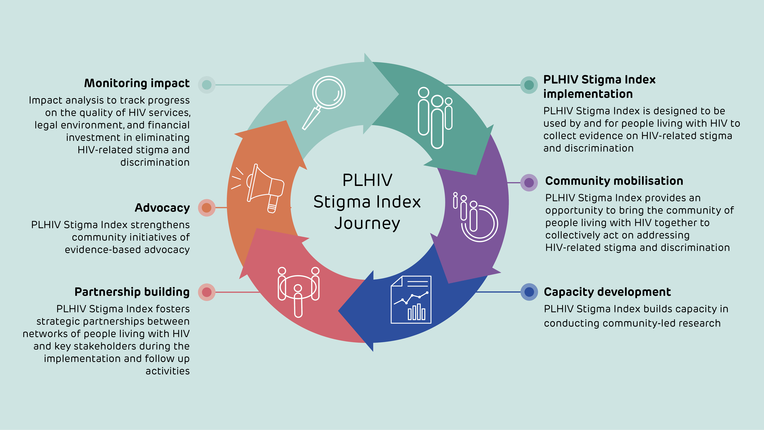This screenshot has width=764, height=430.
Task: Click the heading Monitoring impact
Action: pyautogui.click(x=137, y=83)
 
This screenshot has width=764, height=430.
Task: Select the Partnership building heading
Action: pyautogui.click(x=132, y=292)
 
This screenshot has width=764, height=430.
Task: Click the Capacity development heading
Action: pyautogui.click(x=607, y=292)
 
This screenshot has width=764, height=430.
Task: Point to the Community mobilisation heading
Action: pyautogui.click(x=614, y=181)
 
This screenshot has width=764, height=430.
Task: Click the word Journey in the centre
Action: pyautogui.click(x=367, y=223)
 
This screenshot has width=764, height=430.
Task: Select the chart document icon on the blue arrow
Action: pyautogui.click(x=411, y=300)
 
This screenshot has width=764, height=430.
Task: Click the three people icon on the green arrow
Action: pyautogui.click(x=435, y=117)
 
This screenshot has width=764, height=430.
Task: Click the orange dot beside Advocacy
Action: pyautogui.click(x=206, y=208)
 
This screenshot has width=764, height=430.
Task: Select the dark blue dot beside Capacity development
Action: pyautogui.click(x=529, y=292)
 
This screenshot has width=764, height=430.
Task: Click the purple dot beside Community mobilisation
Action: pyautogui.click(x=529, y=183)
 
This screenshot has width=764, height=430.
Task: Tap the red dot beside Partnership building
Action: pyautogui.click(x=206, y=292)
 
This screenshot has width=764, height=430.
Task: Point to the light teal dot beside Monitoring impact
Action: pyautogui.click(x=206, y=85)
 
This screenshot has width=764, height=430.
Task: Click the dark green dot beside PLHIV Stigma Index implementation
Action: pyautogui.click(x=529, y=85)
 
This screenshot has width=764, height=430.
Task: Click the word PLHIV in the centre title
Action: pyautogui.click(x=367, y=180)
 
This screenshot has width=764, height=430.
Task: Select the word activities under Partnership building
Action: pyautogui.click(x=167, y=371)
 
